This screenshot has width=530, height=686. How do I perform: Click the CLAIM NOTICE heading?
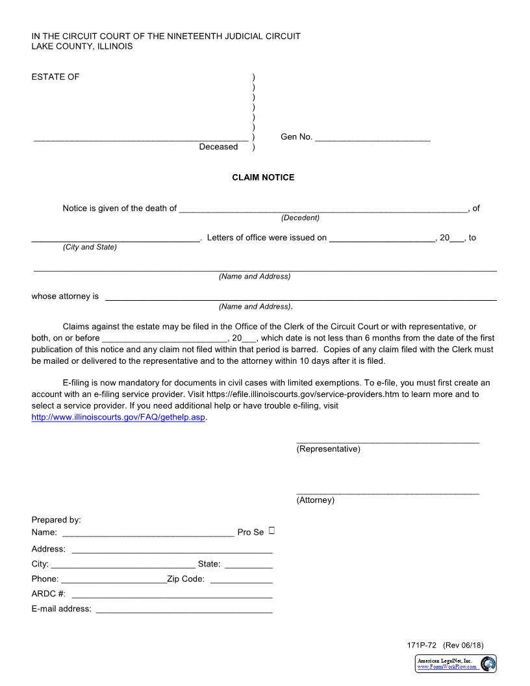point(263,177)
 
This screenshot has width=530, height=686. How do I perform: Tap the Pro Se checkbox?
point(271,531)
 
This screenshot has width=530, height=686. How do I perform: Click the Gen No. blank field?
point(372,138)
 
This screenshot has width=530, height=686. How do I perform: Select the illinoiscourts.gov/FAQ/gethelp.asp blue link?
point(119,418)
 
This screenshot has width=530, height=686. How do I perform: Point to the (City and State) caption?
point(90,247)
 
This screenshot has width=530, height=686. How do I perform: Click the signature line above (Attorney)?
point(388,493)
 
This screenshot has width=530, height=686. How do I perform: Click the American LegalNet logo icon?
point(488,663)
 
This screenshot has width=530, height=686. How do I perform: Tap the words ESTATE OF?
point(55,77)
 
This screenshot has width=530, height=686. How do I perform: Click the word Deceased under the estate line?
point(218,147)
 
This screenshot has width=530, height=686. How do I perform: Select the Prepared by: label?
point(56,520)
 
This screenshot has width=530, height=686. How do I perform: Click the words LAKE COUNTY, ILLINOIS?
point(82,47)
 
